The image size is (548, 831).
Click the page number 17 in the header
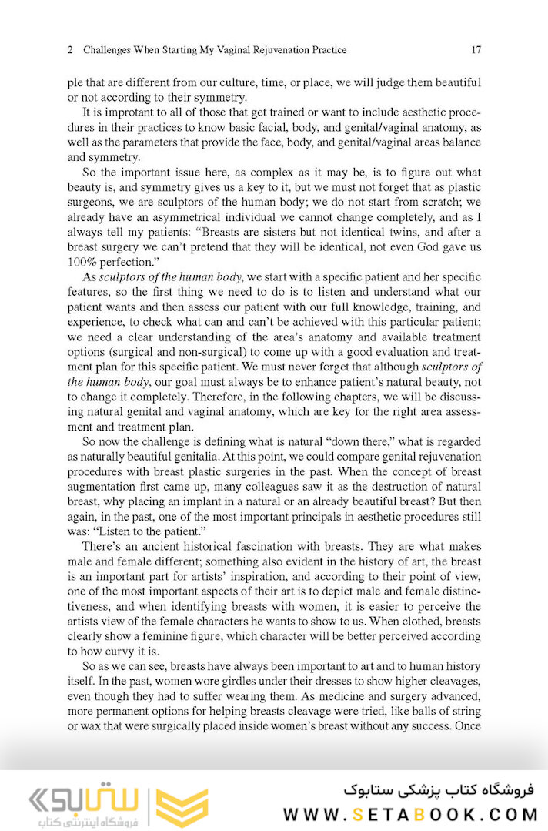click(476, 50)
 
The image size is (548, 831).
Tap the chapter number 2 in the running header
click(70, 50)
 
